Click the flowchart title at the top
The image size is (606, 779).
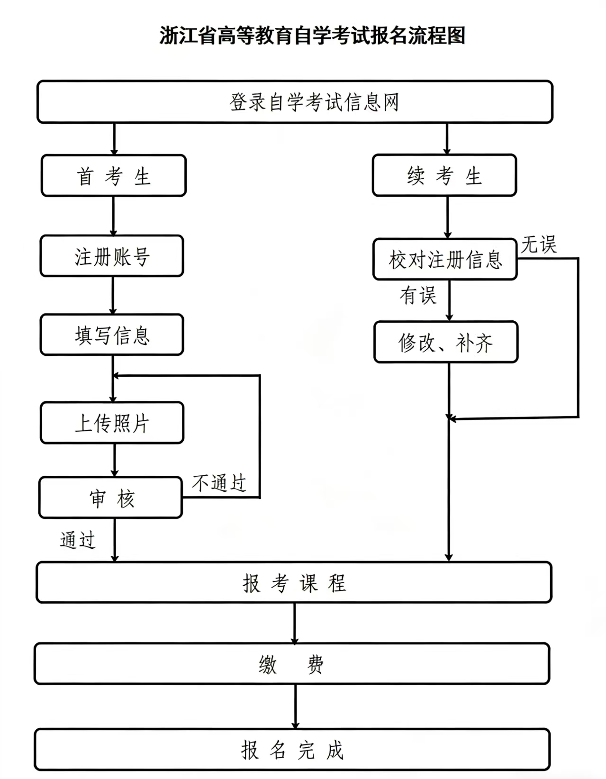click(x=312, y=36)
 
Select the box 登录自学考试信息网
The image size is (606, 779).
click(x=295, y=102)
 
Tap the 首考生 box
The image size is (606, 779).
click(x=114, y=176)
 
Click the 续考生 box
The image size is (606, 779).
click(x=444, y=176)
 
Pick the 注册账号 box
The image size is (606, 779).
click(x=112, y=256)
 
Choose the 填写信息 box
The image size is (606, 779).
click(x=112, y=335)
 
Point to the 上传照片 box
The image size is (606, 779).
click(x=112, y=423)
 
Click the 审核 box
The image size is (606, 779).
click(x=111, y=498)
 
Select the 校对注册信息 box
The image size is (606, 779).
click(x=445, y=260)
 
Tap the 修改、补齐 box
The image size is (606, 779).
click(x=446, y=342)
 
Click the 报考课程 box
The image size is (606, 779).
click(x=294, y=582)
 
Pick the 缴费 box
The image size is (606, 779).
click(x=292, y=664)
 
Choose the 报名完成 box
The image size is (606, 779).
click(x=292, y=750)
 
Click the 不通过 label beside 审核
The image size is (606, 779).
click(x=219, y=483)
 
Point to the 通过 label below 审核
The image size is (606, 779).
click(x=78, y=540)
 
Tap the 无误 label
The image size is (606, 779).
click(x=539, y=245)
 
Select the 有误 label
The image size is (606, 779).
click(x=417, y=295)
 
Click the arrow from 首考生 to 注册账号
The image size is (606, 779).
click(x=113, y=216)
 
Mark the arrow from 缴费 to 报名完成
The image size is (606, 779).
click(x=295, y=706)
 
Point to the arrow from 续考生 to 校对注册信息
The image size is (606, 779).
click(x=447, y=217)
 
